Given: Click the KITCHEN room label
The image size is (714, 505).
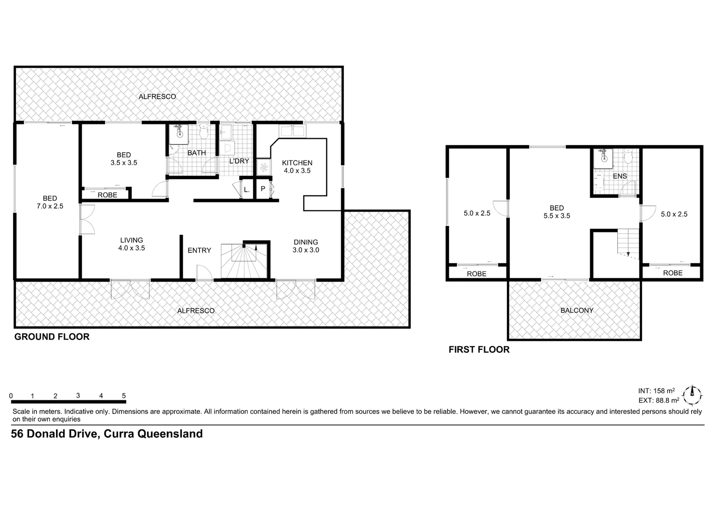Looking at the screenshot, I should pyautogui.click(x=297, y=166).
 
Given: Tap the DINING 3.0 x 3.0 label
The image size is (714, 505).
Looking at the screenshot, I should pyautogui.click(x=306, y=246).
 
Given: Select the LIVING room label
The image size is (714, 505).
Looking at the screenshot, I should pyautogui.click(x=131, y=244).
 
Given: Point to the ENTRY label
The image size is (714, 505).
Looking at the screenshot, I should pyautogui.click(x=199, y=250).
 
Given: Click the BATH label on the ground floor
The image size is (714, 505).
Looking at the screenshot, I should pyautogui.click(x=196, y=153).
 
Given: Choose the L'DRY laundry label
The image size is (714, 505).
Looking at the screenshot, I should pyautogui.click(x=239, y=161).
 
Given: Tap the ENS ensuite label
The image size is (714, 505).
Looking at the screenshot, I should pyautogui.click(x=620, y=176).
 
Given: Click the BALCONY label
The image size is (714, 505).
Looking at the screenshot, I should pyautogui.click(x=577, y=310).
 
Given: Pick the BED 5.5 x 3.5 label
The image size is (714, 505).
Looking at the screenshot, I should pyautogui.click(x=557, y=212).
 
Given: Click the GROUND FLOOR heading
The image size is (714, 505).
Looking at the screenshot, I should pyautogui.click(x=52, y=337).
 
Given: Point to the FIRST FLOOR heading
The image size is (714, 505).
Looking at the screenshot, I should pyautogui.click(x=479, y=349).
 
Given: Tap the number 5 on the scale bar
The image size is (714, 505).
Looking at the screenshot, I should pyautogui.click(x=124, y=396).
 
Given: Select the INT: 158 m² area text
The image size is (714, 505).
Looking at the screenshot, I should pyautogui.click(x=656, y=390).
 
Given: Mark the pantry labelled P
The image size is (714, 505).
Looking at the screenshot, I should pyautogui.click(x=263, y=189).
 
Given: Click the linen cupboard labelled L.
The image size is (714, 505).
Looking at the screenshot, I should pyautogui.click(x=246, y=189).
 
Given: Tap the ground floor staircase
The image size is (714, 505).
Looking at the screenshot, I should pyautogui.click(x=244, y=261).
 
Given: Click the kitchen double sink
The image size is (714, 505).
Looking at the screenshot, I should pyautogui.click(x=292, y=131).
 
